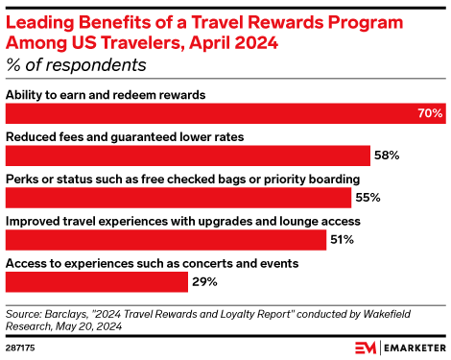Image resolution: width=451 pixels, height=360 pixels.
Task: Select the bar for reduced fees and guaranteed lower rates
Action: coord(188,156)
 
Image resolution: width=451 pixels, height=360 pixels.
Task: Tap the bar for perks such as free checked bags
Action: coord(178,198)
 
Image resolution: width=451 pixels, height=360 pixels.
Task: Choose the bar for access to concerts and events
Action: coord(96,281)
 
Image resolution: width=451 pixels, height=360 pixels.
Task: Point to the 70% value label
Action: coord(430,113)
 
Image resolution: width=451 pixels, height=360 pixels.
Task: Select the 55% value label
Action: coord(368,198)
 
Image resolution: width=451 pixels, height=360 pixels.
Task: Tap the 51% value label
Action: coord(342,239)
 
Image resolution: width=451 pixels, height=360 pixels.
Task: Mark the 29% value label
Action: coord(203,281)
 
